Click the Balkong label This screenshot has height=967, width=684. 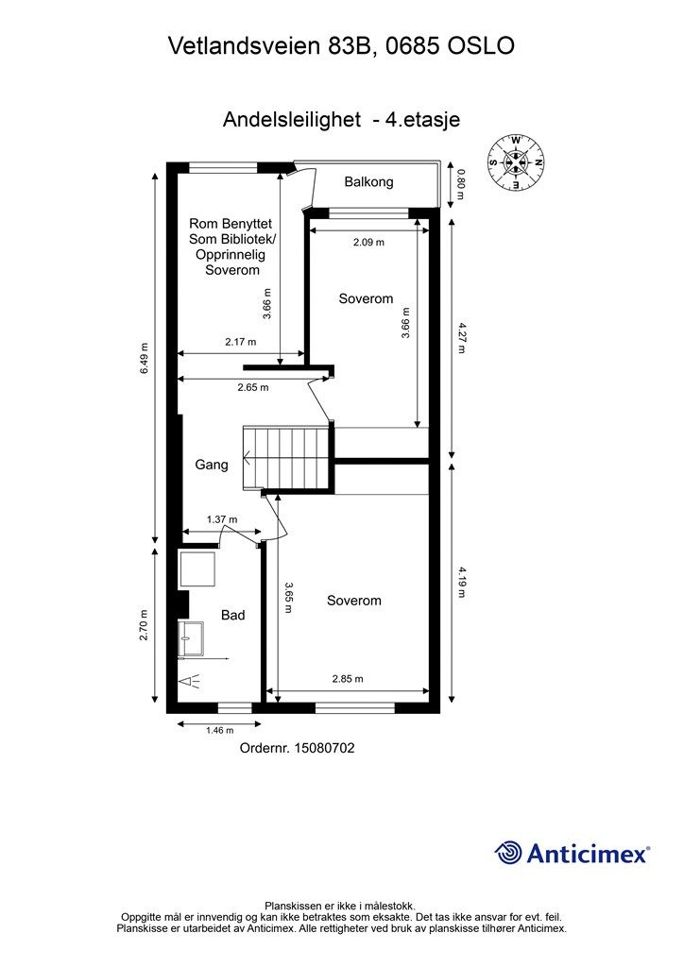(x=368, y=182)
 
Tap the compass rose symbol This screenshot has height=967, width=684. (x=516, y=162)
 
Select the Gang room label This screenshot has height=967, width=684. (x=212, y=465)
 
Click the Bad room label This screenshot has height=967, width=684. (x=233, y=615)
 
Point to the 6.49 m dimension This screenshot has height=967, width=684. (x=144, y=358)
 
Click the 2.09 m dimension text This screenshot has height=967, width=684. (x=368, y=243)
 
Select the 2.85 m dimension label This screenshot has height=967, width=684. (x=348, y=679)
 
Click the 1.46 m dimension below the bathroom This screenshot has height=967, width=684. (x=219, y=730)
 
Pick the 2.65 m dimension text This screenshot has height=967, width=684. (x=253, y=388)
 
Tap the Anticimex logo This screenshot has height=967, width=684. (x=572, y=853)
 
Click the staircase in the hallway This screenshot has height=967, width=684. (x=288, y=457)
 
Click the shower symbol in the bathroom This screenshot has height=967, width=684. (x=190, y=682)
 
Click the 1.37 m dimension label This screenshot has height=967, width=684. (x=222, y=520)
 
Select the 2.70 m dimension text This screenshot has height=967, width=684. (x=144, y=625)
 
